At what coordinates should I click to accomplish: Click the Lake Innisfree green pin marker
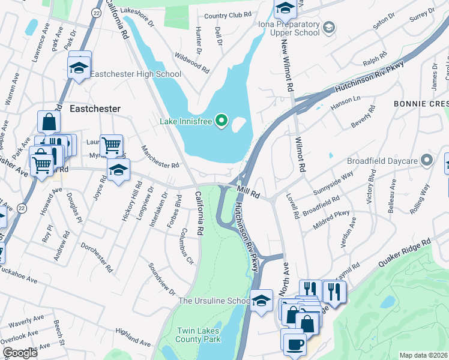coord(221,121)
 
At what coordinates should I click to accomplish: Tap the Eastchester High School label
coord(136,74)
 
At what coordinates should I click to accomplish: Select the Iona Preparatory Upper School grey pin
coord(328,27)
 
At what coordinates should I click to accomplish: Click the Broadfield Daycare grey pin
coord(427,160)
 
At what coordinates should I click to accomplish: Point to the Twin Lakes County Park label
coord(197,335)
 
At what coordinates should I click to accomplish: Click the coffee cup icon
coord(294,344)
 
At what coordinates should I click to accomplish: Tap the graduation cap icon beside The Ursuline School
coord(262,302)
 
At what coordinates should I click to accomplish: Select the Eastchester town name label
coord(95,109)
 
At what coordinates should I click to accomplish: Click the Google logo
coord(20,353)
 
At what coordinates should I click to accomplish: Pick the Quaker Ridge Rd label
coord(405,254)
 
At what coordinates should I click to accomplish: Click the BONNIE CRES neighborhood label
coord(421,104)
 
